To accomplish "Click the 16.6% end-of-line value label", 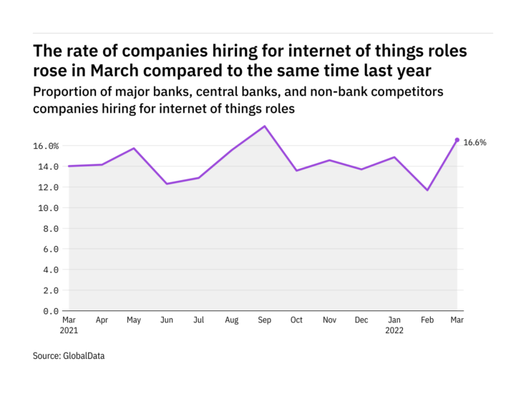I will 475,142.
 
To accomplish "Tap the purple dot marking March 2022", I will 457,140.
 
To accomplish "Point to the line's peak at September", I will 265,127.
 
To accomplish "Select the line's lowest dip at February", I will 428,190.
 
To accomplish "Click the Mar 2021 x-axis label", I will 69,325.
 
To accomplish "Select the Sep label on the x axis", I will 265,320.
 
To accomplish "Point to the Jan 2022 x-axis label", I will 394,325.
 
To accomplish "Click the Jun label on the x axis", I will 167,320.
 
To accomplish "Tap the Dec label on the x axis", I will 362,320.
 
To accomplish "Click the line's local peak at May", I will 134,149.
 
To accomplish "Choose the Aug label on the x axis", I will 233,320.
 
